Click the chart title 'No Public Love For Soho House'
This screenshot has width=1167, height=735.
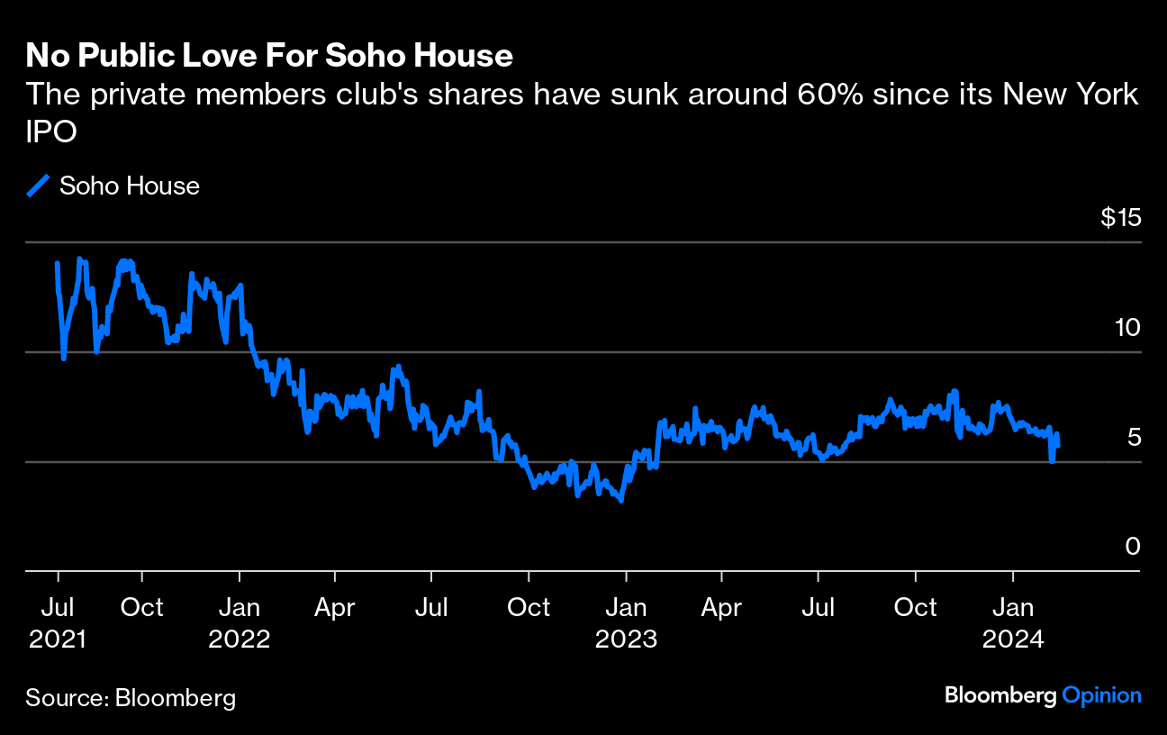click(x=269, y=56)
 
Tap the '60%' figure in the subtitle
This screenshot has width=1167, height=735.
click(x=825, y=94)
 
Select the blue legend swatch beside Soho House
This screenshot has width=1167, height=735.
click(x=38, y=186)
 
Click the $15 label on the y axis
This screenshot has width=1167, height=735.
click(x=1120, y=218)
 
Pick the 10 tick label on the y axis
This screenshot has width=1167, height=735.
click(x=1126, y=328)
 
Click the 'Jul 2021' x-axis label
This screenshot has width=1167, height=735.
click(x=58, y=622)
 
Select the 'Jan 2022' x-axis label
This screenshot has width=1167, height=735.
click(x=240, y=622)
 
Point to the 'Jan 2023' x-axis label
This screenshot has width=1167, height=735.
click(x=626, y=622)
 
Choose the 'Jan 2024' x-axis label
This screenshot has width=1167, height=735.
click(x=1013, y=622)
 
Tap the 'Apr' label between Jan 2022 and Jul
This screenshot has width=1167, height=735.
click(x=335, y=607)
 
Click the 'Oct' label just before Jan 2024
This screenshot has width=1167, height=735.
click(x=915, y=607)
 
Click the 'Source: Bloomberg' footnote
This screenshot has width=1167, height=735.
click(x=131, y=697)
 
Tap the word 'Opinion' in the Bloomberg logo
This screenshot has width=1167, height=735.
click(x=1102, y=695)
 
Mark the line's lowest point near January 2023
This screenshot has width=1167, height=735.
click(x=621, y=500)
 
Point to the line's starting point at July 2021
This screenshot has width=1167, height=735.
click(x=58, y=263)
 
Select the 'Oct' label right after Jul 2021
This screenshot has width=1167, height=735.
click(x=141, y=607)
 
